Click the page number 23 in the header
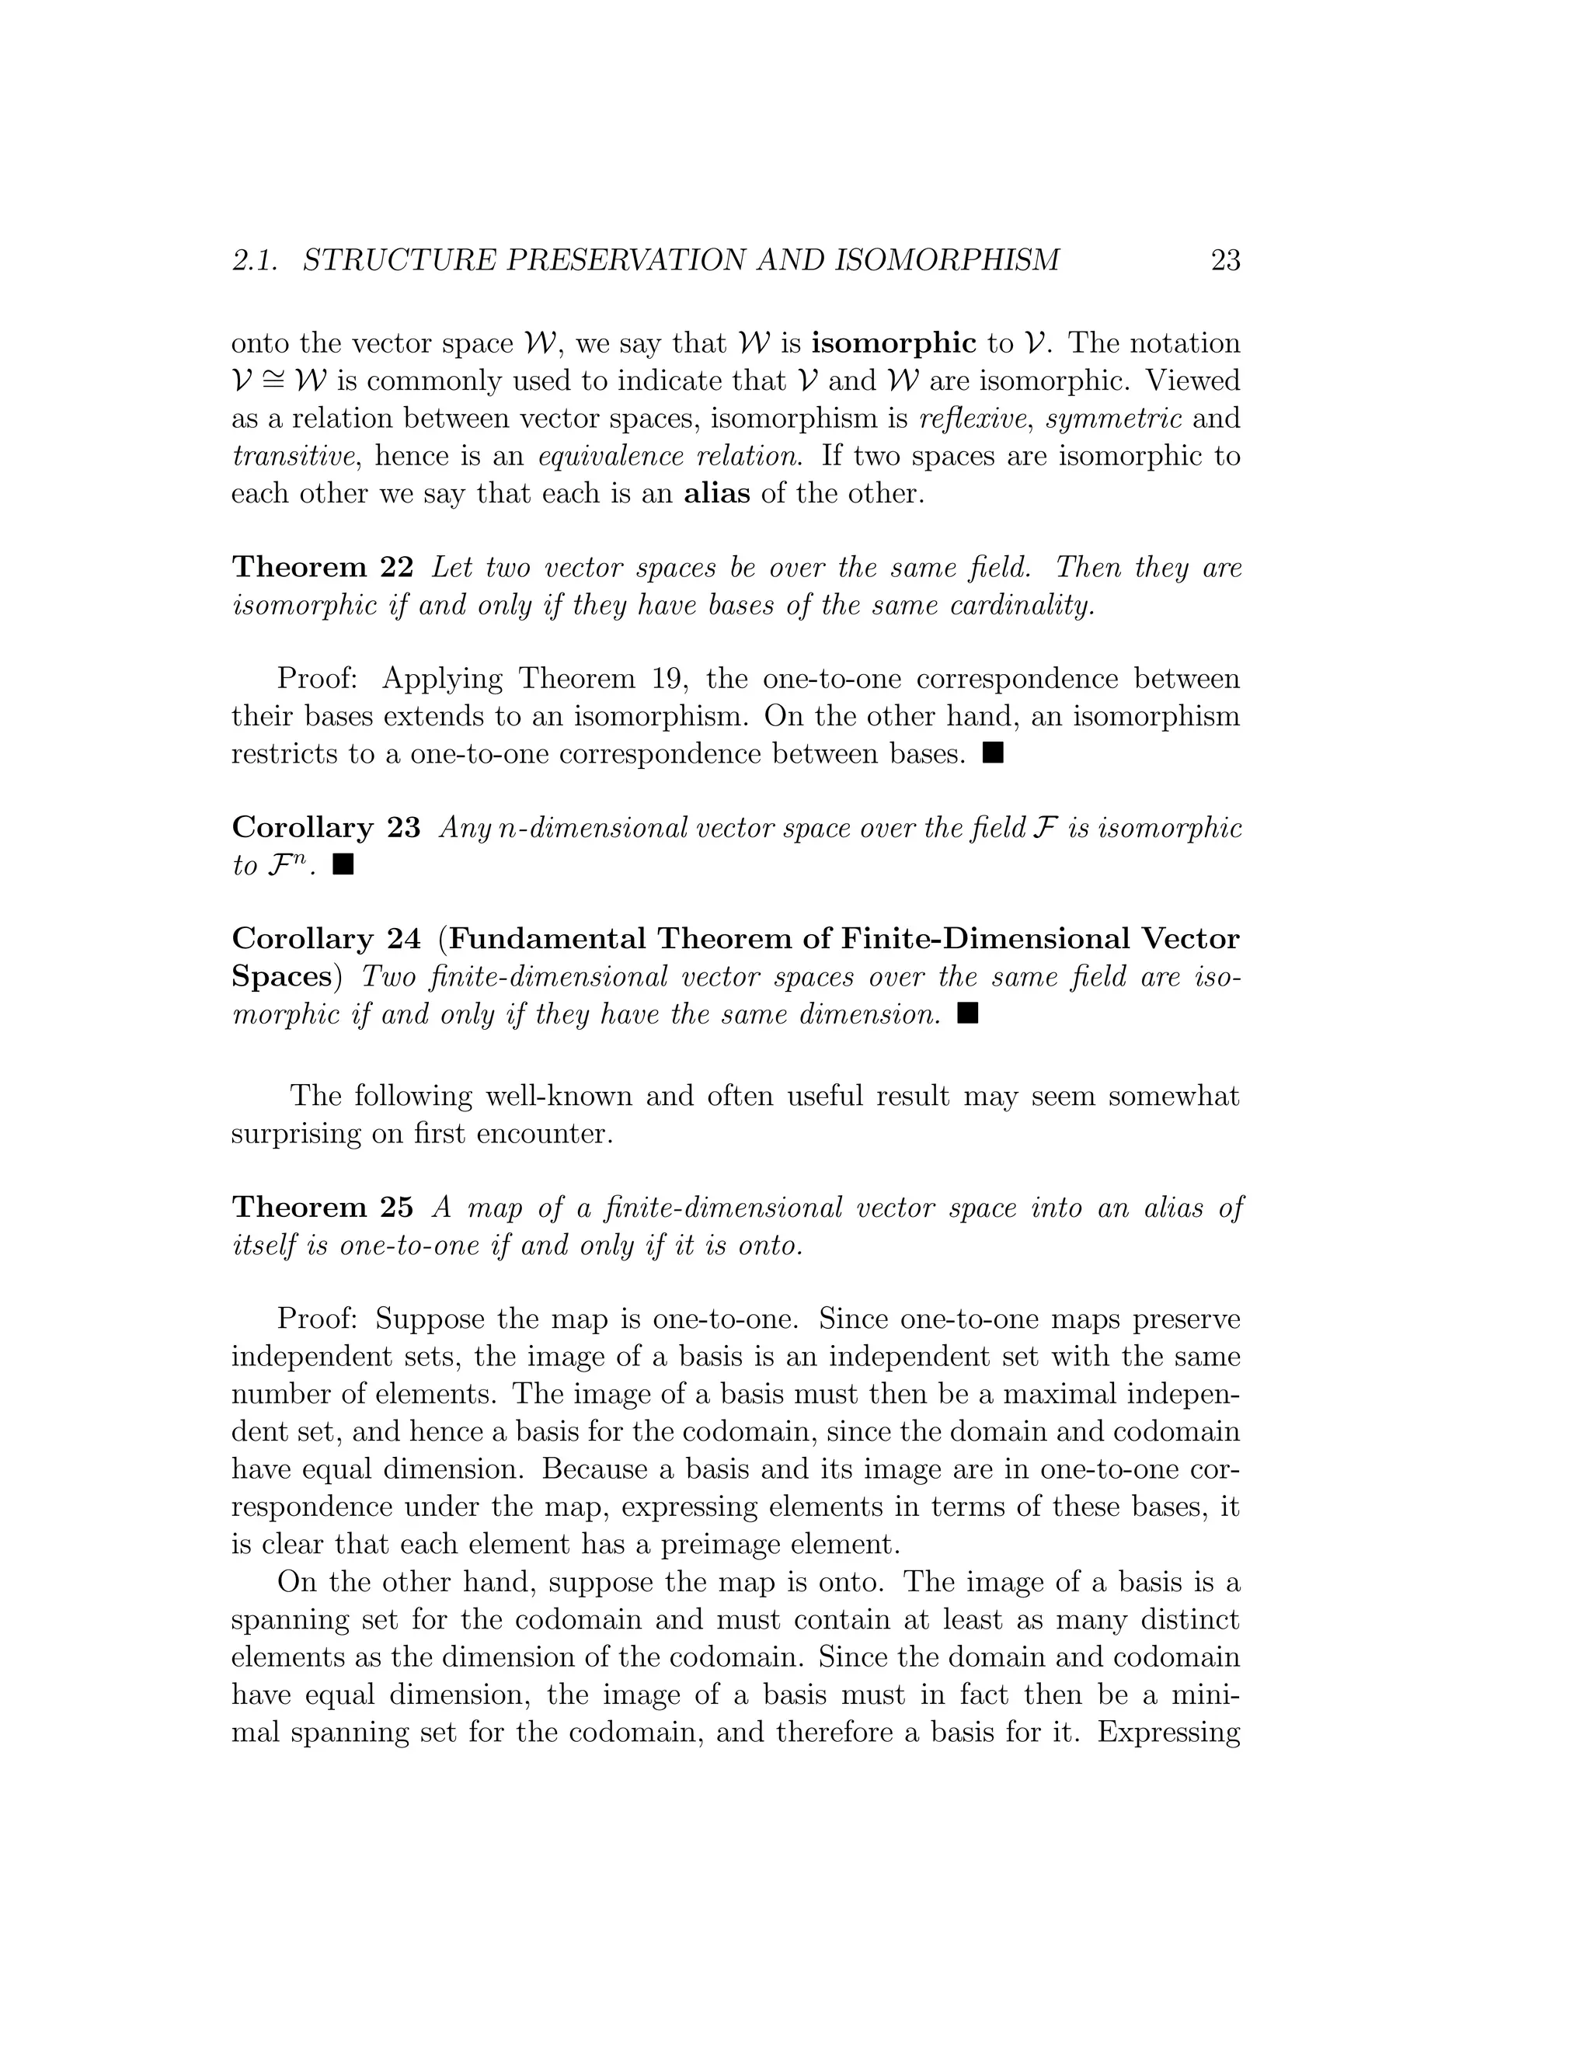click(x=1224, y=260)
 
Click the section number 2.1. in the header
click(x=255, y=260)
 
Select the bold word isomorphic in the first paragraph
click(x=893, y=343)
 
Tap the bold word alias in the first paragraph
click(x=716, y=494)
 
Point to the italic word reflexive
click(x=973, y=419)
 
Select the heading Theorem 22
click(x=322, y=567)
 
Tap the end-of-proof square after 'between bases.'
click(x=993, y=753)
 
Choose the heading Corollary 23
click(x=326, y=827)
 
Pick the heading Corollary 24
click(x=326, y=939)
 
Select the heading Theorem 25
click(x=322, y=1207)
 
